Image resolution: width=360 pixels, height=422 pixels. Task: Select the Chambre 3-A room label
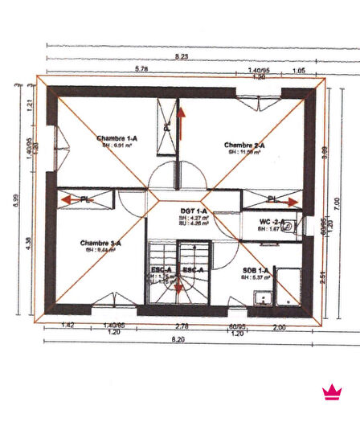point(100,243)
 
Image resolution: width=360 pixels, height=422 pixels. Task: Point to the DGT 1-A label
point(194,211)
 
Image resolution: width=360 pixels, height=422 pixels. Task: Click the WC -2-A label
point(272,221)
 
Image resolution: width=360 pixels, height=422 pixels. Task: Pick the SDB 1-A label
point(256,272)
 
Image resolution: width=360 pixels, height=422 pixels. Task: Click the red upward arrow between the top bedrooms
point(181,124)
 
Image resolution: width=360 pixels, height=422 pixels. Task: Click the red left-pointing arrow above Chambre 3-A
point(66,199)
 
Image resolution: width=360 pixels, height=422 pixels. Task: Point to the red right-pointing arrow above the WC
point(291,199)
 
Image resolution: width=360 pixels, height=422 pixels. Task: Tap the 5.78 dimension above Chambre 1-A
point(141,70)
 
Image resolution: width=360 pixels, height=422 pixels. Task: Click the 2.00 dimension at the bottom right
point(279,327)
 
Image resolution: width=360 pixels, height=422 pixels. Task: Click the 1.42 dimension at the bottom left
point(67,325)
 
